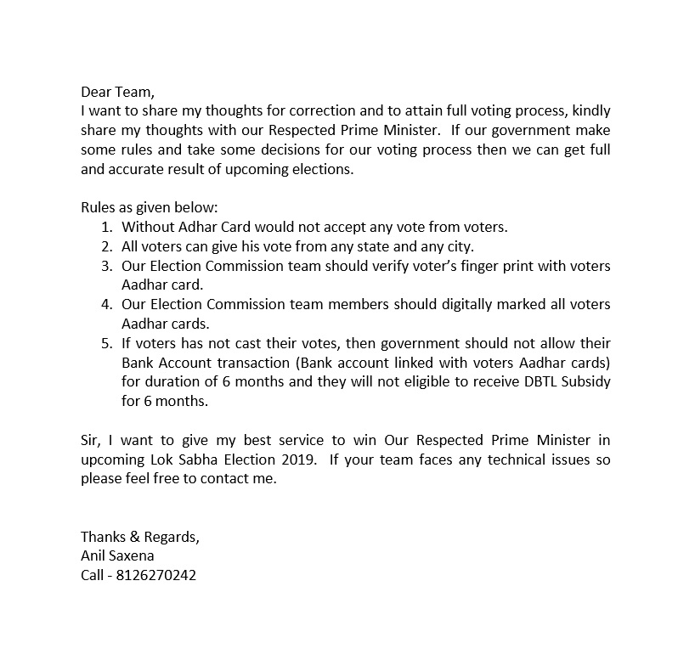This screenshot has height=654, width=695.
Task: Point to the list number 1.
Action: (x=105, y=228)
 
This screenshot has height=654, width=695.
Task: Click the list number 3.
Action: (x=105, y=266)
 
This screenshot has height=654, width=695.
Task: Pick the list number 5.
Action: (x=105, y=343)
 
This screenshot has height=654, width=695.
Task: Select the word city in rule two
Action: (x=460, y=247)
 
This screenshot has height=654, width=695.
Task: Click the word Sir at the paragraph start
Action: (x=91, y=440)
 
